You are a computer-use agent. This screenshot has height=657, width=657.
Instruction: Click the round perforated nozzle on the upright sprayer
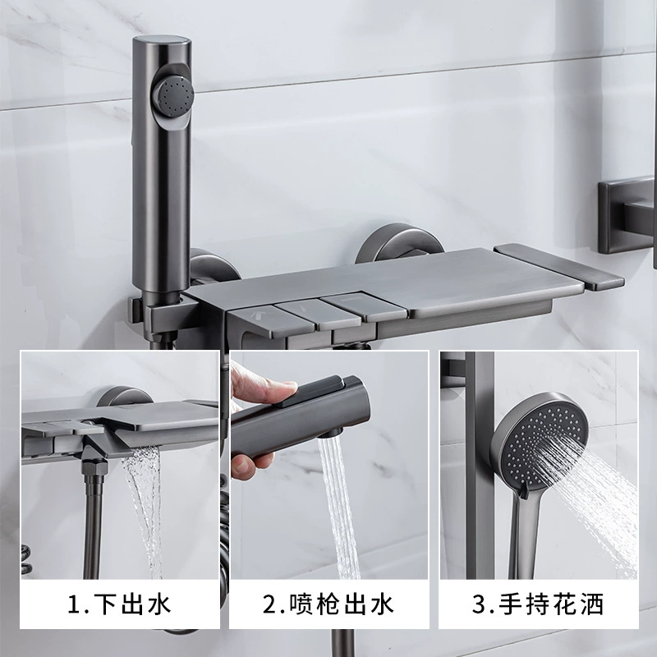(x=174, y=95)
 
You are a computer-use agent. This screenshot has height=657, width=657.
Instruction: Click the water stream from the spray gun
(x=339, y=508)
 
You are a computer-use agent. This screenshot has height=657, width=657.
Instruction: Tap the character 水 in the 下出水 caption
(x=159, y=604)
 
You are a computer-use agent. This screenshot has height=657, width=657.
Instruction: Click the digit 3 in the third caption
(x=479, y=604)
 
